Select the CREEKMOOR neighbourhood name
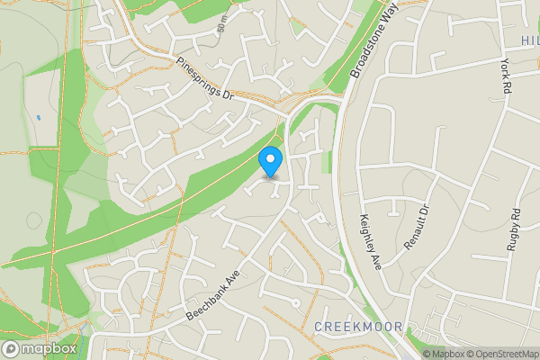click(x=356, y=326)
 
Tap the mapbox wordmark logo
click(x=49, y=348)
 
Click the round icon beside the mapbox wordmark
click(x=11, y=348)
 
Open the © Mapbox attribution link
click(x=444, y=354)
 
